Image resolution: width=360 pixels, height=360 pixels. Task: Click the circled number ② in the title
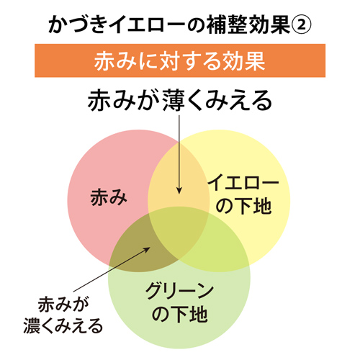(x=302, y=24)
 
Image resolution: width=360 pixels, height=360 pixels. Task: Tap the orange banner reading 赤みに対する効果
(x=180, y=60)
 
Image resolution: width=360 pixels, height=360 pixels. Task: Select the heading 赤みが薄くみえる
(x=180, y=100)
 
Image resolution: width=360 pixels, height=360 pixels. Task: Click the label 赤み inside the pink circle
(x=109, y=197)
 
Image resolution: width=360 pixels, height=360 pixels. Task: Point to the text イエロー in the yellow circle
(x=243, y=182)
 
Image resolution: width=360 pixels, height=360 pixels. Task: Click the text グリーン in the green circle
(x=179, y=291)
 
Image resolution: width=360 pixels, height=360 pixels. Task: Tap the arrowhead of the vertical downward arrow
(x=179, y=190)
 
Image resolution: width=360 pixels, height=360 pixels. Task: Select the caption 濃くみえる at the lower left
(x=63, y=325)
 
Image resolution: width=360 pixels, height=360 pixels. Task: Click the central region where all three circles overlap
(x=179, y=230)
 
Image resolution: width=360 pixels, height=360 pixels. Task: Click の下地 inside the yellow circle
(x=243, y=206)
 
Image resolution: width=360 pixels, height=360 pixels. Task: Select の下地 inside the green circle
(x=179, y=314)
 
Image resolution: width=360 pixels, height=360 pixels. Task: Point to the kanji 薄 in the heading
(x=174, y=100)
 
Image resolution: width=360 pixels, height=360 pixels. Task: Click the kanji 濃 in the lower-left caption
(x=32, y=325)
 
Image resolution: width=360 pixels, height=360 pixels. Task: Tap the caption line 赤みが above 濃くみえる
(x=63, y=304)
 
